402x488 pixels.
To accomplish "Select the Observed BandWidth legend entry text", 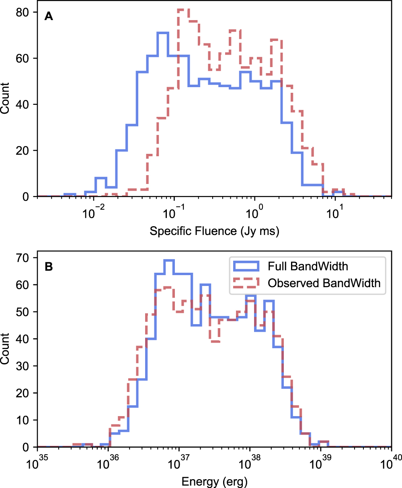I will [x=324, y=283].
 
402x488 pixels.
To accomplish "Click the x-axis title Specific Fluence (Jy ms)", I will [x=214, y=231].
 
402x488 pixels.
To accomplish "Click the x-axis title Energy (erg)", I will [x=214, y=481].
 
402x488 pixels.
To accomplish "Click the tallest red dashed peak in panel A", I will [x=183, y=9].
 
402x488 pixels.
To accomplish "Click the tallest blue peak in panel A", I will [x=163, y=33].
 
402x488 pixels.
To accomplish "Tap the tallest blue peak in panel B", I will [x=168, y=260].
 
